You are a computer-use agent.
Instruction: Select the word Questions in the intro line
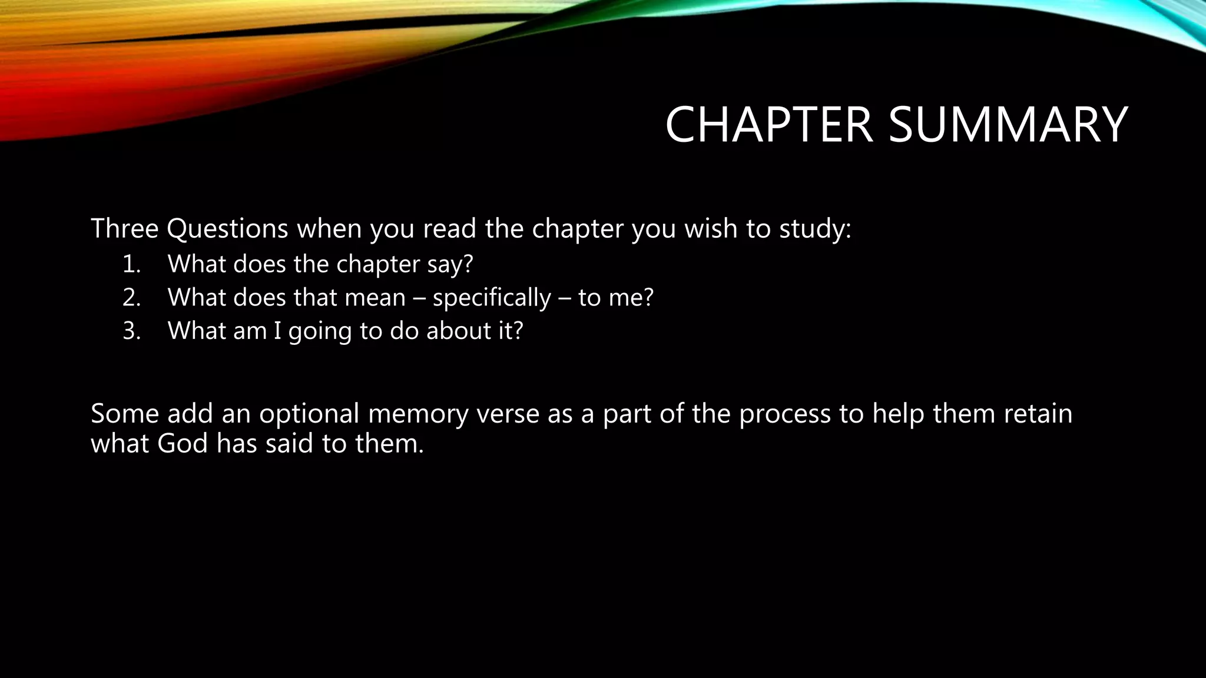click(x=227, y=228)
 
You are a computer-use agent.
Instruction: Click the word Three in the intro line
click(x=124, y=228)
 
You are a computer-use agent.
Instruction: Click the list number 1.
click(x=131, y=264)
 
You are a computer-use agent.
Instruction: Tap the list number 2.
click(x=131, y=298)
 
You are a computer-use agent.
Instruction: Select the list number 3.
click(x=131, y=331)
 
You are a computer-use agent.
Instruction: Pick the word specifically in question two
click(x=492, y=298)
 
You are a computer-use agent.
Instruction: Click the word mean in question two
click(x=375, y=298)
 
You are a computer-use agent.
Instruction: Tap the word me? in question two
click(x=631, y=298)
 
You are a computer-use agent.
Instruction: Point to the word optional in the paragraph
click(x=309, y=414)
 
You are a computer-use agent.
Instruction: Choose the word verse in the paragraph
click(x=508, y=414)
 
